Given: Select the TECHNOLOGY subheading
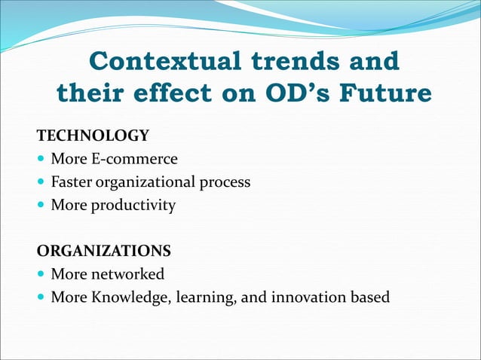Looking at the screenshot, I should (x=93, y=136).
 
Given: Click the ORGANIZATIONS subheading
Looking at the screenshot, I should (x=103, y=250).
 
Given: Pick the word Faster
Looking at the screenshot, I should (x=72, y=182).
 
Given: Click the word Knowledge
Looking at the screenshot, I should (x=131, y=297).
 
